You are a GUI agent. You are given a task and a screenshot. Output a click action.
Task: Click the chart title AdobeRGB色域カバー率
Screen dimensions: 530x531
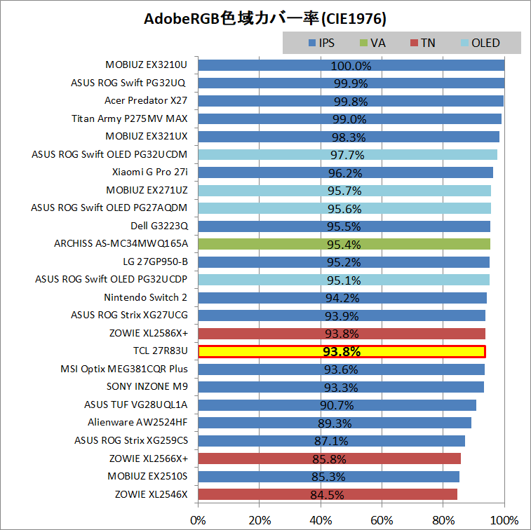[264, 18]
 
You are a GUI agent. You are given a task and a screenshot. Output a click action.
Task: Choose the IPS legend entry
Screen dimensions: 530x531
[321, 43]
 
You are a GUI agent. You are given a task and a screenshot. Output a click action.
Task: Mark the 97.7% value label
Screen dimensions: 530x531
[347, 155]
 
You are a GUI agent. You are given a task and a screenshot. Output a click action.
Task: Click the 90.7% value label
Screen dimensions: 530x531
[337, 405]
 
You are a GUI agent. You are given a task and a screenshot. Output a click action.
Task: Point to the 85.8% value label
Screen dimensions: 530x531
[330, 459]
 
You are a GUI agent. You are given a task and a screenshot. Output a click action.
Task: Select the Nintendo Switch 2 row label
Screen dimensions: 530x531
[146, 297]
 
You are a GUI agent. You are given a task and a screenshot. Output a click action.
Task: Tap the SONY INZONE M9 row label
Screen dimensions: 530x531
[147, 386]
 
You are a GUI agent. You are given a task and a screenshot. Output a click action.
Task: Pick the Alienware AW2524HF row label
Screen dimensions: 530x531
[137, 422]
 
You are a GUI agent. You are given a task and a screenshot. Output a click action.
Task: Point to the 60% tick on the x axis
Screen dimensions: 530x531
[382, 520]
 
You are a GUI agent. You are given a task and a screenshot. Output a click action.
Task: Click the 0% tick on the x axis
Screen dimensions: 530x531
[199, 520]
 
